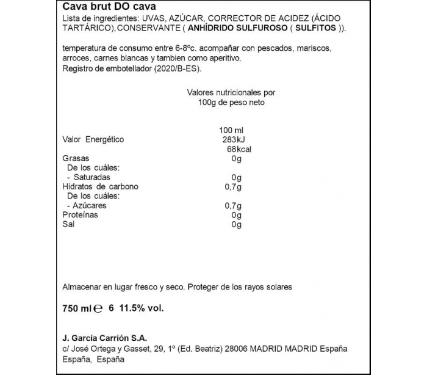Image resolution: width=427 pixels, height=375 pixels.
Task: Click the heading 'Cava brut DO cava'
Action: tap(100, 7)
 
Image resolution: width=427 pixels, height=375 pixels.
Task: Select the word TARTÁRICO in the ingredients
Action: tap(86, 29)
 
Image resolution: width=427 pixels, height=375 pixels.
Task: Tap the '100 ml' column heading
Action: tap(231, 130)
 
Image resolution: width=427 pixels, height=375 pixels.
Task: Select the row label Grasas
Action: tap(75, 159)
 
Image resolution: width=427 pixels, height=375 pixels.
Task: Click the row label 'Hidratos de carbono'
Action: tap(101, 186)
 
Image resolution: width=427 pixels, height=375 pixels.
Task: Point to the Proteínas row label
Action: tap(81, 215)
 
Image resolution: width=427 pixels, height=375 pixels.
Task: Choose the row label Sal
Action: tap(68, 225)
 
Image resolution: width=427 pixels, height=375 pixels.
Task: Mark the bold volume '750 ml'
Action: tap(77, 309)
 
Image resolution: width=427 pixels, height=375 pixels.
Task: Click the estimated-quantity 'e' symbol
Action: tap(98, 310)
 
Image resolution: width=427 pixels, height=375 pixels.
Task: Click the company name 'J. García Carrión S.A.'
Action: tap(105, 338)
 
